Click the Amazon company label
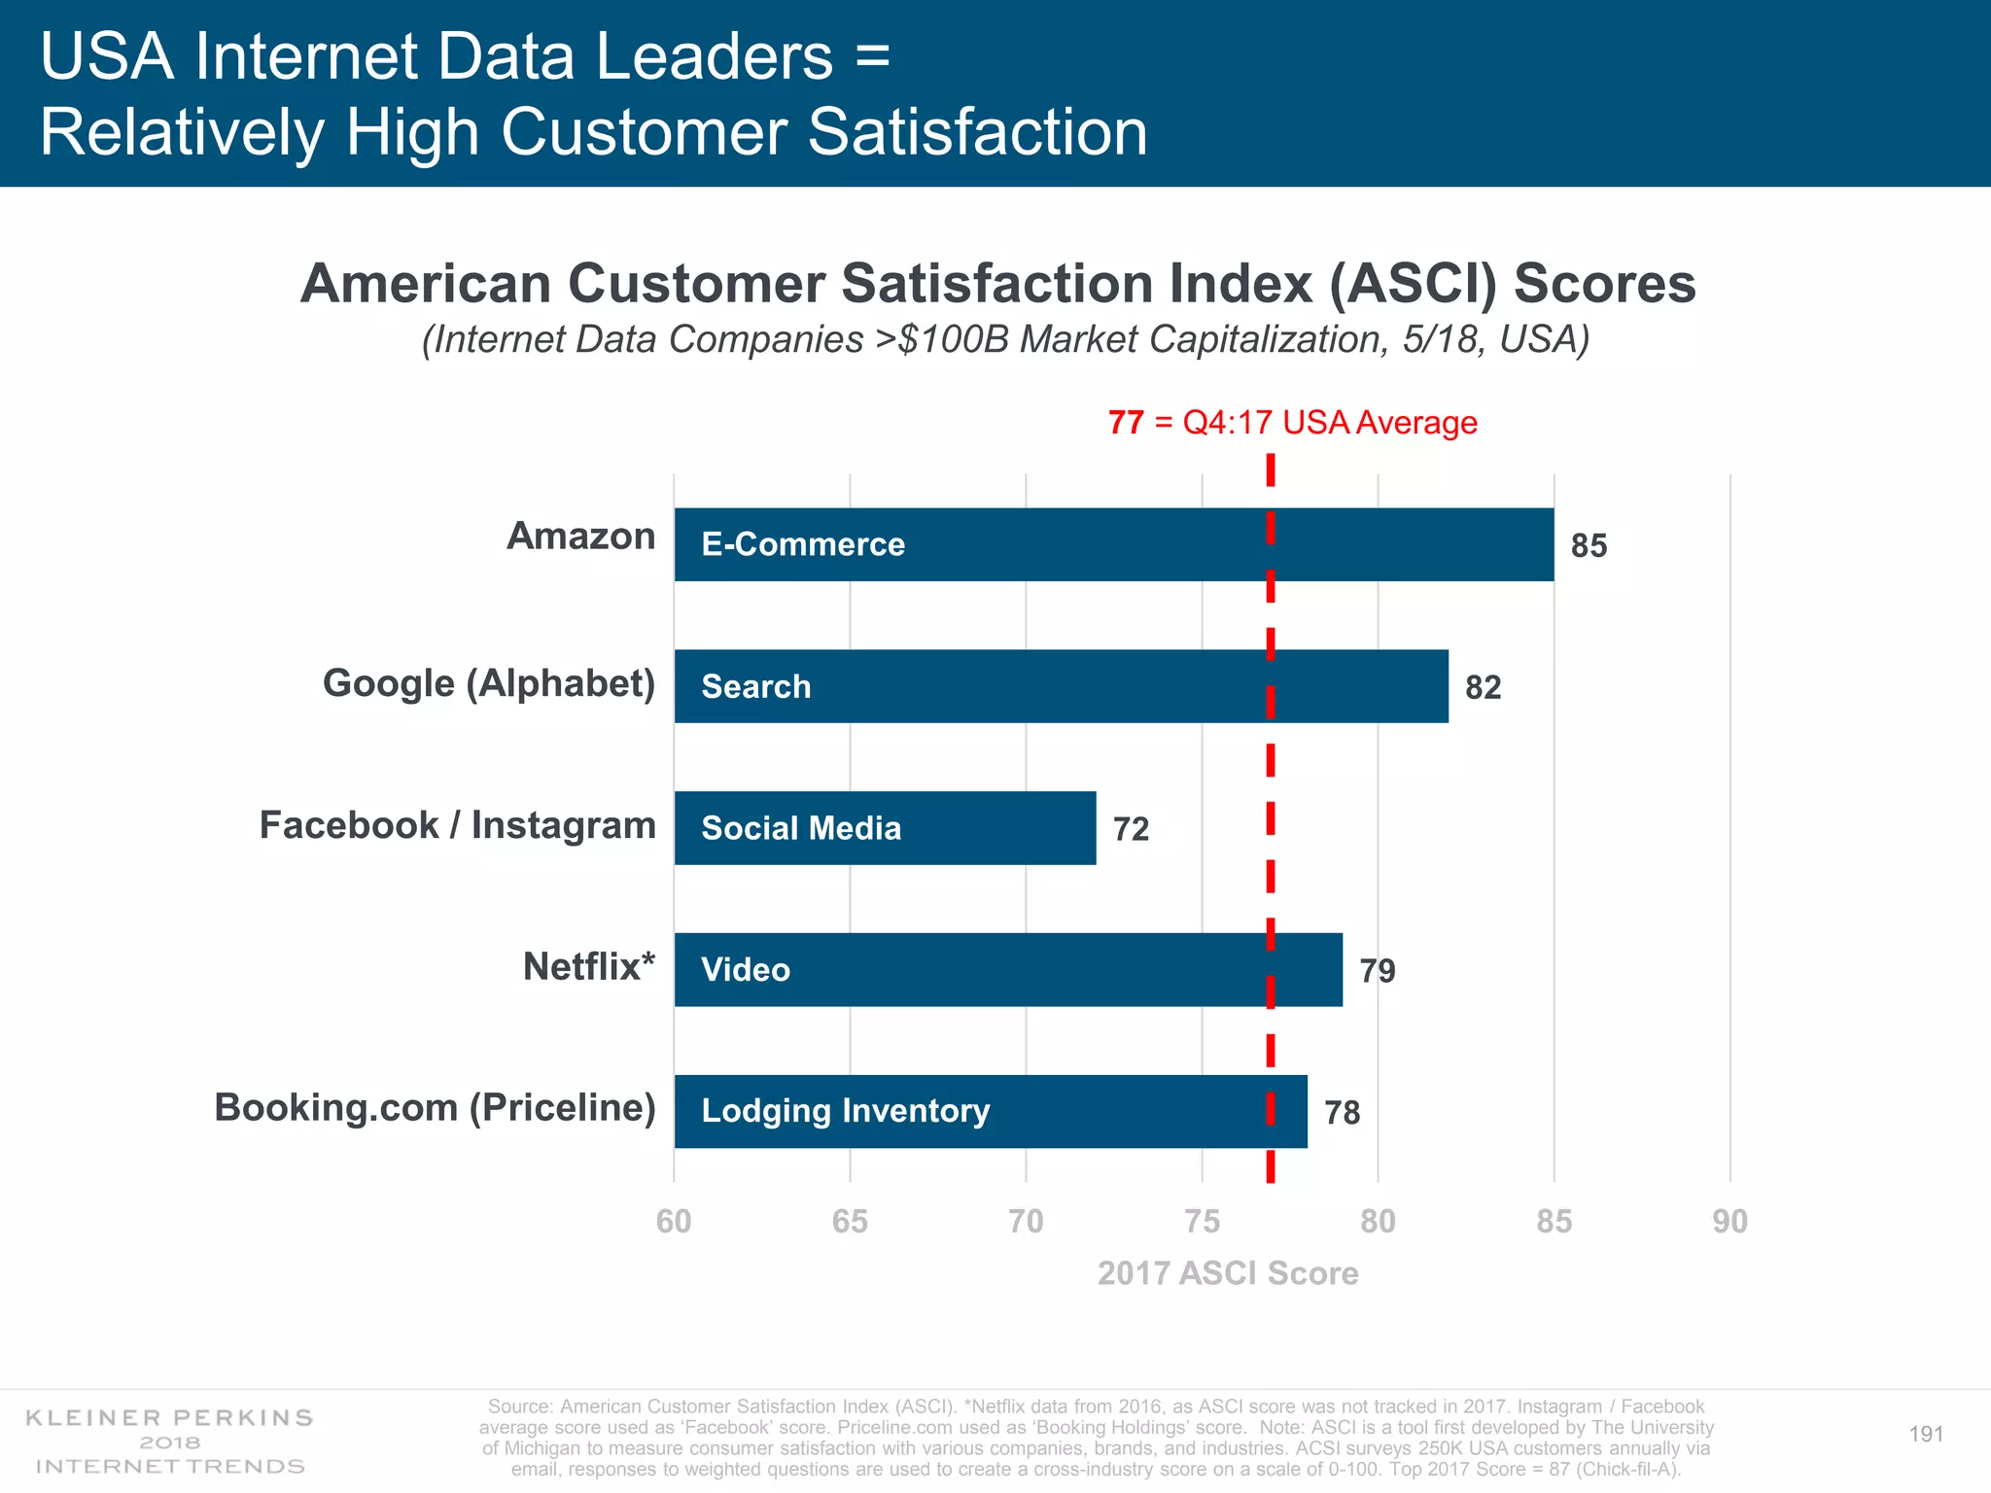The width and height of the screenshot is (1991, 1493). [580, 537]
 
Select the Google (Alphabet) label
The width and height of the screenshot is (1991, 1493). [489, 683]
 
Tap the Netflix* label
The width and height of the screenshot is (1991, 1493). [589, 967]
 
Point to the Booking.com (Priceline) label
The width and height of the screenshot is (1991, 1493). [435, 1108]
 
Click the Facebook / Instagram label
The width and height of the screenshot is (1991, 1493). [457, 825]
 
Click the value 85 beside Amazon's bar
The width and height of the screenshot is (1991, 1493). [1589, 546]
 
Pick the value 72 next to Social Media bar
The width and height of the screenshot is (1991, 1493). [1131, 829]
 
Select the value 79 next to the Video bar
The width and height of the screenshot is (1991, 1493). [1378, 971]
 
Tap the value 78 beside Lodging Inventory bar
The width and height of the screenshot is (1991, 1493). [1342, 1113]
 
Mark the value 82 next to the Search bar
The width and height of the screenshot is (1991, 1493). [1483, 688]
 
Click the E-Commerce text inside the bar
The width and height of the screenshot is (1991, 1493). [803, 544]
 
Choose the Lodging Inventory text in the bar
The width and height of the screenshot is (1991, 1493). [846, 1111]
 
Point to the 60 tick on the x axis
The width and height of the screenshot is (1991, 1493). [674, 1222]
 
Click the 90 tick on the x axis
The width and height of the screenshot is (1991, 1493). [1729, 1222]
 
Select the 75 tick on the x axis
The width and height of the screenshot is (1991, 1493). [1202, 1222]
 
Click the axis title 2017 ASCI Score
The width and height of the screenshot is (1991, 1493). [1228, 1273]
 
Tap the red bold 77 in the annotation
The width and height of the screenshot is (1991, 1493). [1126, 423]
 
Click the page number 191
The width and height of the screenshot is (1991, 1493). [1926, 1435]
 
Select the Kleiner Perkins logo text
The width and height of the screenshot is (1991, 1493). [170, 1418]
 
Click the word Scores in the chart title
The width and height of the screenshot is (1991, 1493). [1604, 284]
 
